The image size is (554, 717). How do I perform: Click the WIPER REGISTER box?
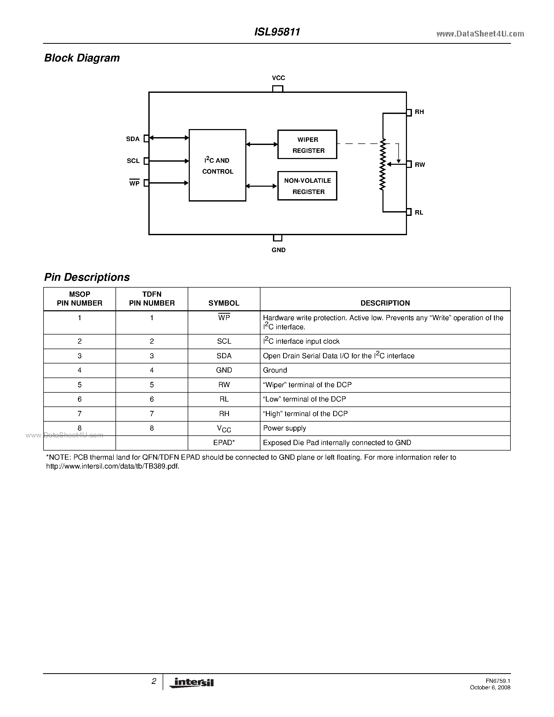pos(307,144)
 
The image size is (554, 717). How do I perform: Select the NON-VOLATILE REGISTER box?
pos(307,186)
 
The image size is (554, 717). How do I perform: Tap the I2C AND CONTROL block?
pos(217,165)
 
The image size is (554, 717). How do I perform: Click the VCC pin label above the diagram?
pos(278,78)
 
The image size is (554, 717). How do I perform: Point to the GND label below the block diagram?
pos(278,250)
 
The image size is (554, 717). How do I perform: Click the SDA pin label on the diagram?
pos(133,139)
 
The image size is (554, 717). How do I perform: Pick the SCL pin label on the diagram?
pos(133,161)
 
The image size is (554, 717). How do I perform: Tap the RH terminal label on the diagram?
pos(419,112)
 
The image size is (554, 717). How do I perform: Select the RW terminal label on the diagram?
pos(419,165)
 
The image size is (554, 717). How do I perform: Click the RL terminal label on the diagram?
pos(419,212)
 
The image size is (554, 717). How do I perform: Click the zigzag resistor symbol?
pos(383,164)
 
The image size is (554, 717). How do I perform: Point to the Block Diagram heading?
pos(82,58)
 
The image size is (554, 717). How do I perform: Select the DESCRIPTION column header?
pos(385,303)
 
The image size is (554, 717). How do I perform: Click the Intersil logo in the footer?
pos(191,683)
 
